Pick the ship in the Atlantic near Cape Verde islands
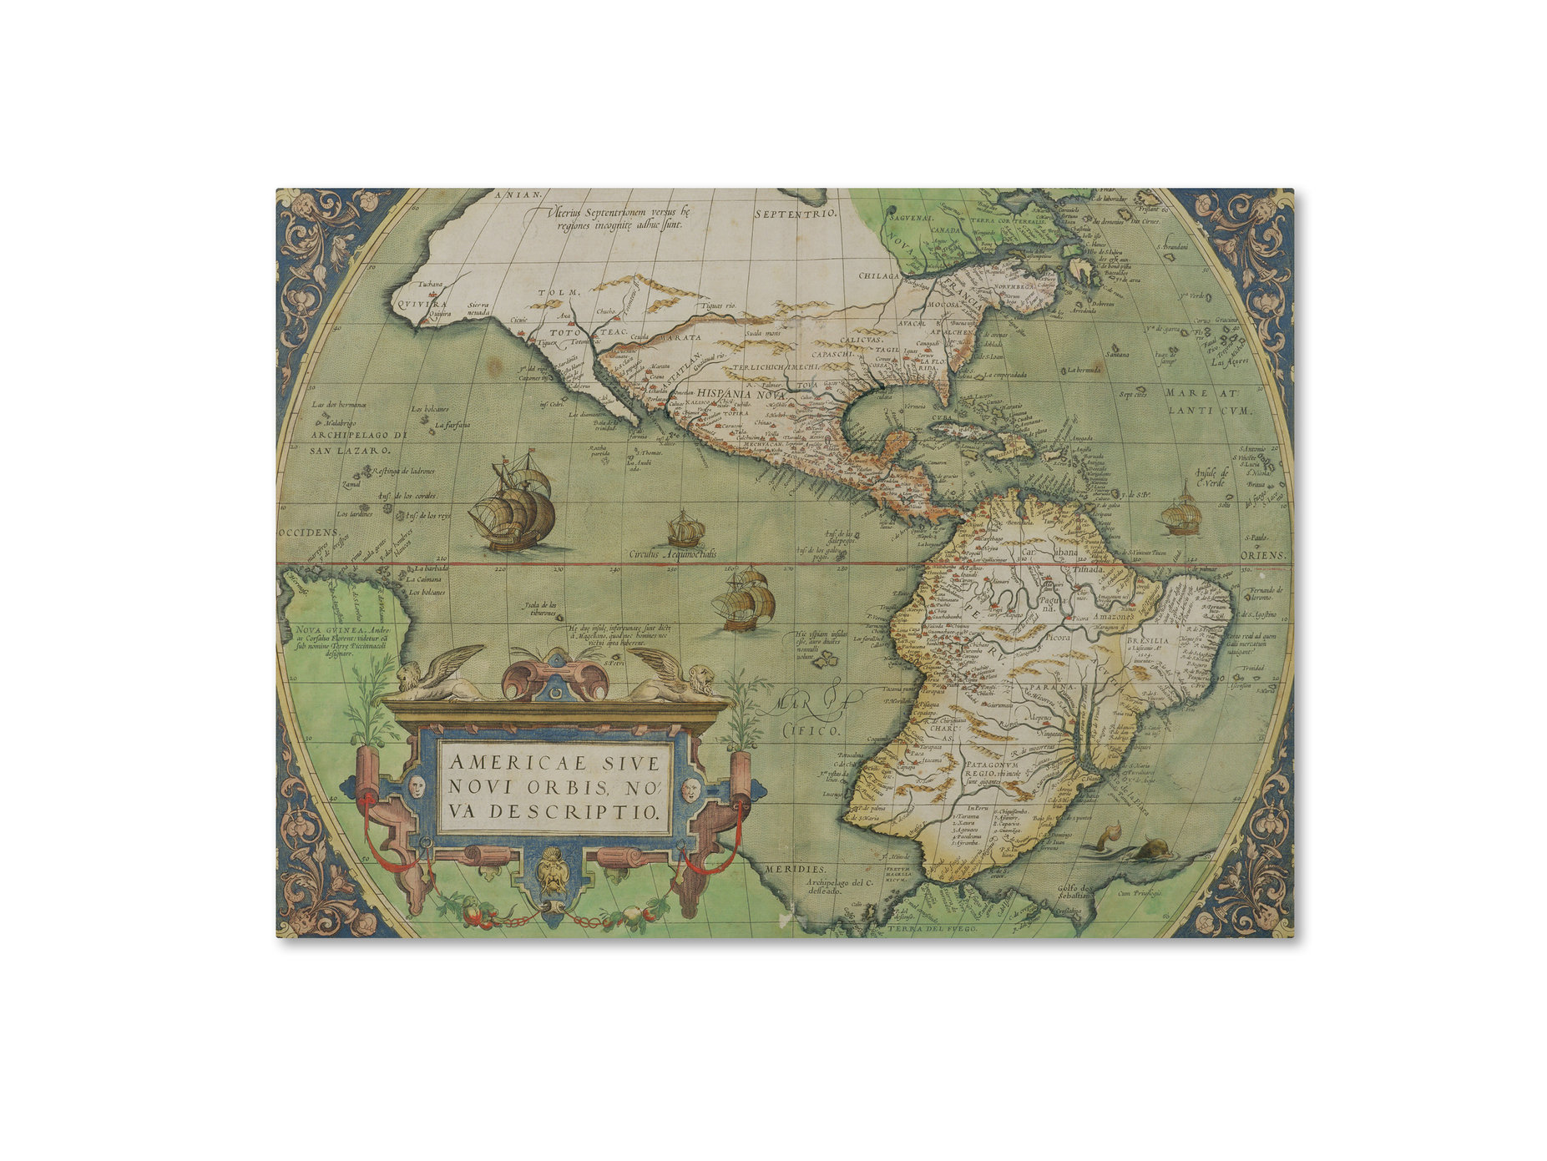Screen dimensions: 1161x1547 pyautogui.click(x=1181, y=514)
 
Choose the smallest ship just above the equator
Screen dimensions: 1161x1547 pyautogui.click(x=685, y=529)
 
